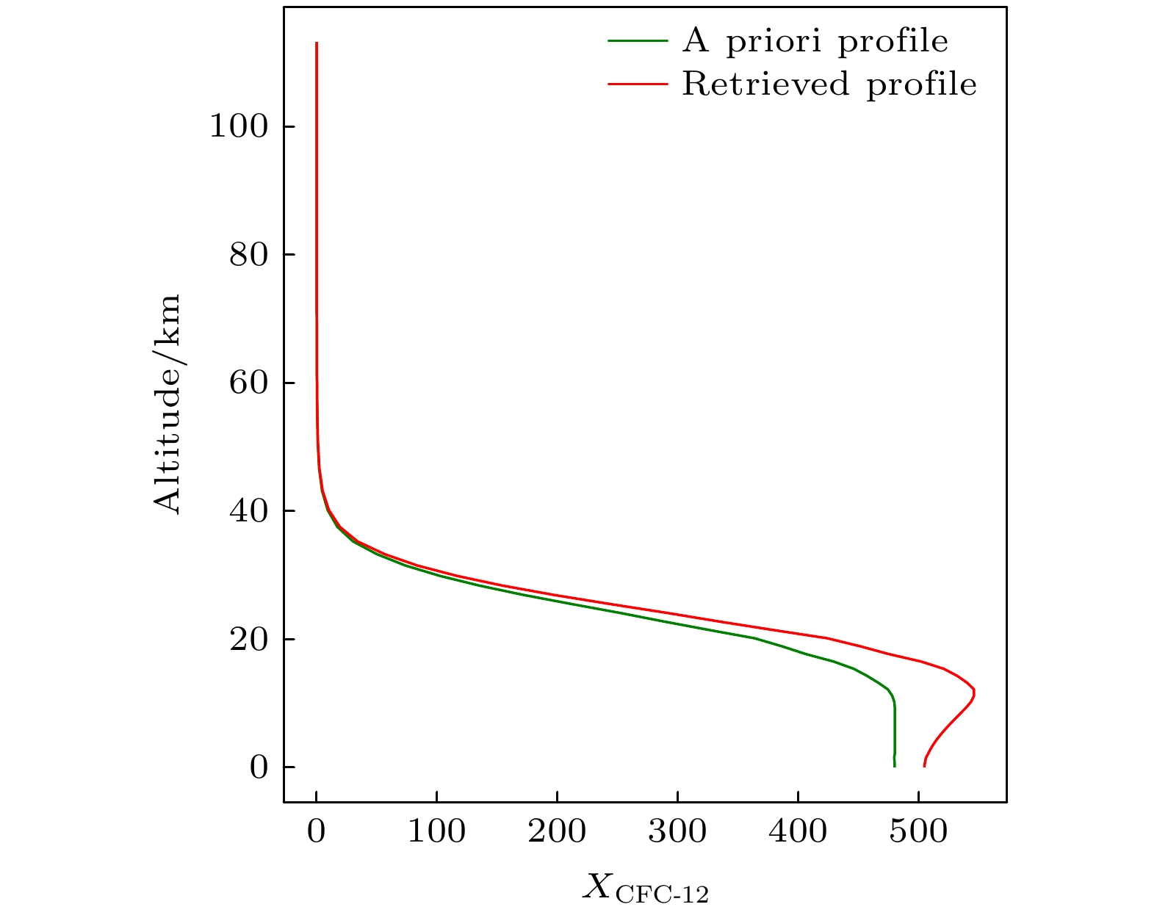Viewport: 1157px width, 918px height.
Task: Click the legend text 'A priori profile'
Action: [815, 41]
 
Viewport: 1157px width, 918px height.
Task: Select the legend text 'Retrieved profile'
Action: [829, 84]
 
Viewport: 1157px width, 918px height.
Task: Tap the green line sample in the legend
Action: [638, 41]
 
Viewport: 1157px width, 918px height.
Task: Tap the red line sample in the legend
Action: [638, 84]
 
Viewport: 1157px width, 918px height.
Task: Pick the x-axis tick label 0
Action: [316, 832]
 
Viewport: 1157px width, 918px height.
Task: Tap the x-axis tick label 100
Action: [436, 832]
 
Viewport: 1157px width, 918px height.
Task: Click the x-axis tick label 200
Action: [557, 832]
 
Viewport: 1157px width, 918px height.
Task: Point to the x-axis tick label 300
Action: [677, 832]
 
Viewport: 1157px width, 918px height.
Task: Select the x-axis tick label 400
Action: [798, 832]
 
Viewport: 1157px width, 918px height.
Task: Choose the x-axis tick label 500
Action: [918, 832]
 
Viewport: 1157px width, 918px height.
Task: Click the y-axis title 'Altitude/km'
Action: [167, 404]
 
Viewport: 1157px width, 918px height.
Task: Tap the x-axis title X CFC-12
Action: [646, 888]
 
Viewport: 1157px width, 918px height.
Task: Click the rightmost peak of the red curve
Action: [974, 691]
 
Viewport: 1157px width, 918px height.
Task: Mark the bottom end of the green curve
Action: [895, 766]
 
